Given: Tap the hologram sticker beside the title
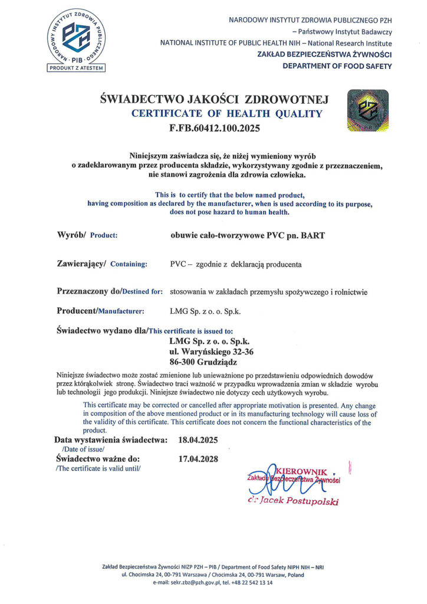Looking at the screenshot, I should pyautogui.click(x=368, y=110).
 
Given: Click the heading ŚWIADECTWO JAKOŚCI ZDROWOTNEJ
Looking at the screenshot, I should pyautogui.click(x=214, y=100).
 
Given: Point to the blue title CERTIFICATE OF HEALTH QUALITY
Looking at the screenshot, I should pyautogui.click(x=227, y=114).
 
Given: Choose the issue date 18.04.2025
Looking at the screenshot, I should pyautogui.click(x=199, y=440).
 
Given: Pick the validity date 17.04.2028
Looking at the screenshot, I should pyautogui.click(x=199, y=458).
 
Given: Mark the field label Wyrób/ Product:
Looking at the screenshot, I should pyautogui.click(x=87, y=235).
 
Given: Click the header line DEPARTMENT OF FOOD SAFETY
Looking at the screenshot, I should pyautogui.click(x=337, y=65).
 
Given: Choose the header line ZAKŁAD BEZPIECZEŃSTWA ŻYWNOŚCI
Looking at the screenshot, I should pyautogui.click(x=324, y=54).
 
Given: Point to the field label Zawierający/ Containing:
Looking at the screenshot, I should pyautogui.click(x=101, y=264).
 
